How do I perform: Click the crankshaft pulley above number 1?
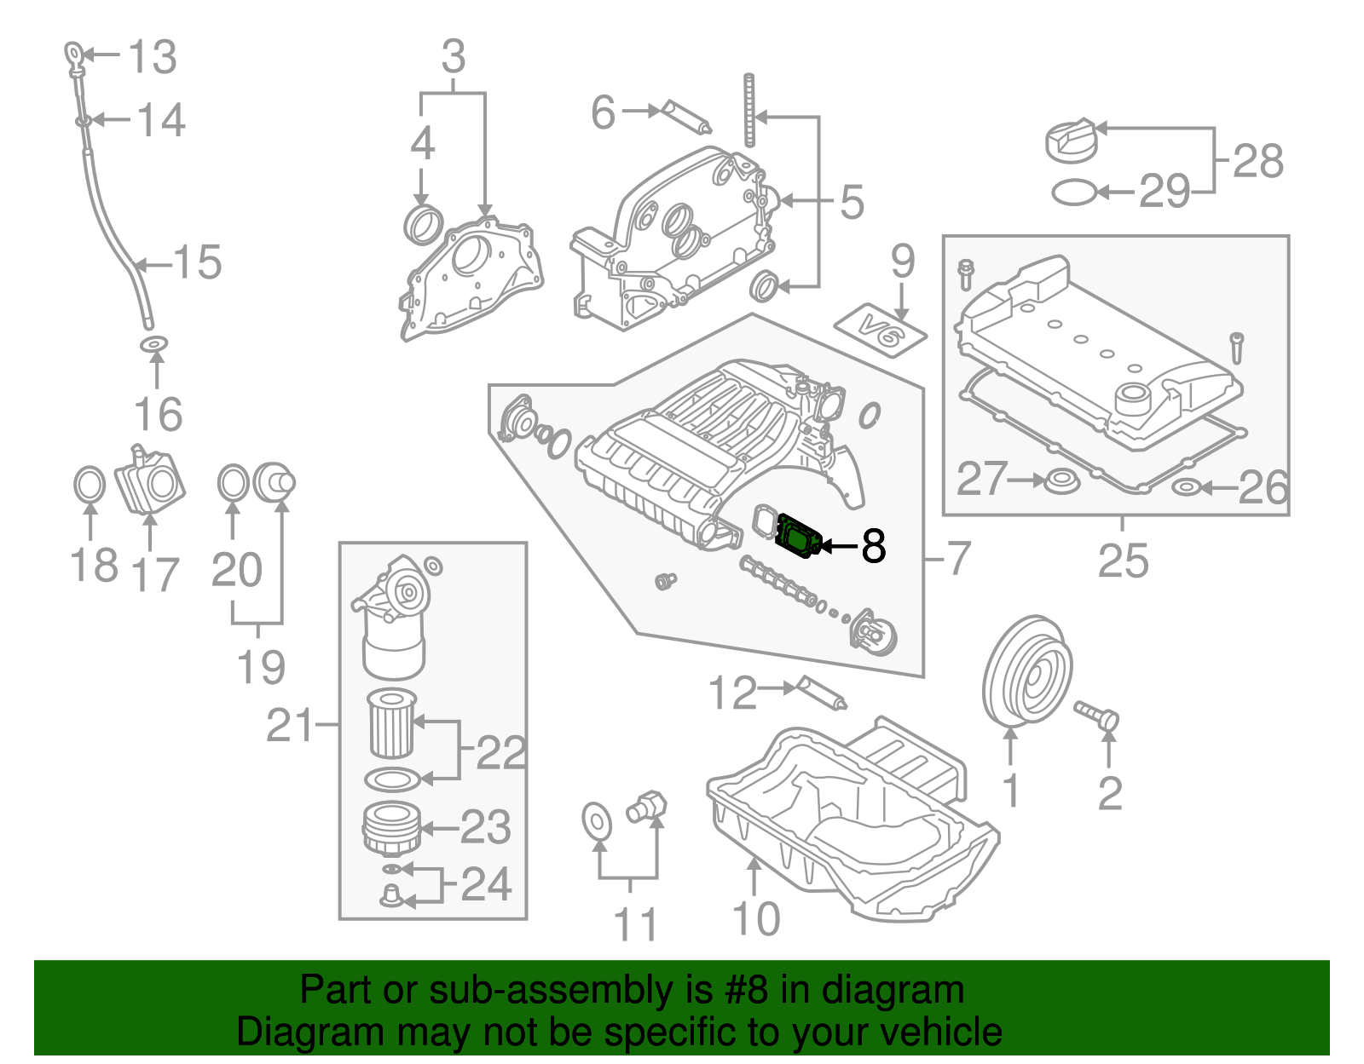1026,673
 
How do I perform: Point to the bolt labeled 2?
1096,714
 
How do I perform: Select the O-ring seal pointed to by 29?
1074,193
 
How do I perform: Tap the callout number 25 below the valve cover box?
1123,561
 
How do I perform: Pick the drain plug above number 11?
647,806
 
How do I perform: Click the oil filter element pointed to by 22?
391,723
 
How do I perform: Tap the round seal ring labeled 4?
422,224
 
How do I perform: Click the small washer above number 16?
153,344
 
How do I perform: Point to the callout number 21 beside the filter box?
290,726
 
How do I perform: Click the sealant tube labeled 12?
822,693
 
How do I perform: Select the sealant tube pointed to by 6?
685,118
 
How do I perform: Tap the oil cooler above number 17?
152,482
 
